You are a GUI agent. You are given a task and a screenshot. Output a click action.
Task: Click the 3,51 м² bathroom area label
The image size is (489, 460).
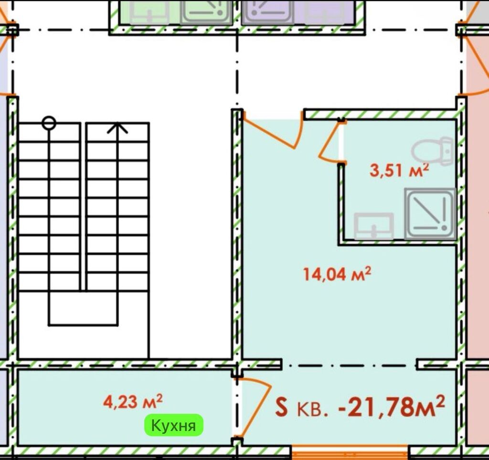point(399,170)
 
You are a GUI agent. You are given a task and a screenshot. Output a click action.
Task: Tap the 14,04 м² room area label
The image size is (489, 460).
point(337,274)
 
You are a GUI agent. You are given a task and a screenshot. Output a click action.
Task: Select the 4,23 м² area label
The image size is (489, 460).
point(133,401)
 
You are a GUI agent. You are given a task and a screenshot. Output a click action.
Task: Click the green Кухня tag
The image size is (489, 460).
point(173,425)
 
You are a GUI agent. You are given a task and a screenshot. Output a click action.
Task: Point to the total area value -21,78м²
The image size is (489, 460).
point(392,406)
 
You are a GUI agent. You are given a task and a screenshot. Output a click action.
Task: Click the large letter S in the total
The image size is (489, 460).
point(281,408)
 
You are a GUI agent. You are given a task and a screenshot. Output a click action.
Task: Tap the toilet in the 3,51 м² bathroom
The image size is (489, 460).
point(432,151)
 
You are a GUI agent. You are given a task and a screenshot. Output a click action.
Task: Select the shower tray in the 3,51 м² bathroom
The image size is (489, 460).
point(430,214)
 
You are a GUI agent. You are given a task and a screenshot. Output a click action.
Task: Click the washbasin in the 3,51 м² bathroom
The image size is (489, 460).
point(373,226)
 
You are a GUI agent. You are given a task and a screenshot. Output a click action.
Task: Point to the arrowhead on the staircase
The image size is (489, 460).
point(117,128)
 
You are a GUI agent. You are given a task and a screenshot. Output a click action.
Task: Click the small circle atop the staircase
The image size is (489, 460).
point(49,123)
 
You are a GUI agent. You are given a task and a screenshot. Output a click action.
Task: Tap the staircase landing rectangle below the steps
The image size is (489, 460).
point(83,308)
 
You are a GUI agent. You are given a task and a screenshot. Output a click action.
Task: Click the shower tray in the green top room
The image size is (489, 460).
point(206,12)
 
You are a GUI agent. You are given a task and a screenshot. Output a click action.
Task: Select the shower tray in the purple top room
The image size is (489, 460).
point(267,12)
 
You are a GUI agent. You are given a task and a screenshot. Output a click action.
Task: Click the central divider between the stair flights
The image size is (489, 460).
point(83,207)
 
